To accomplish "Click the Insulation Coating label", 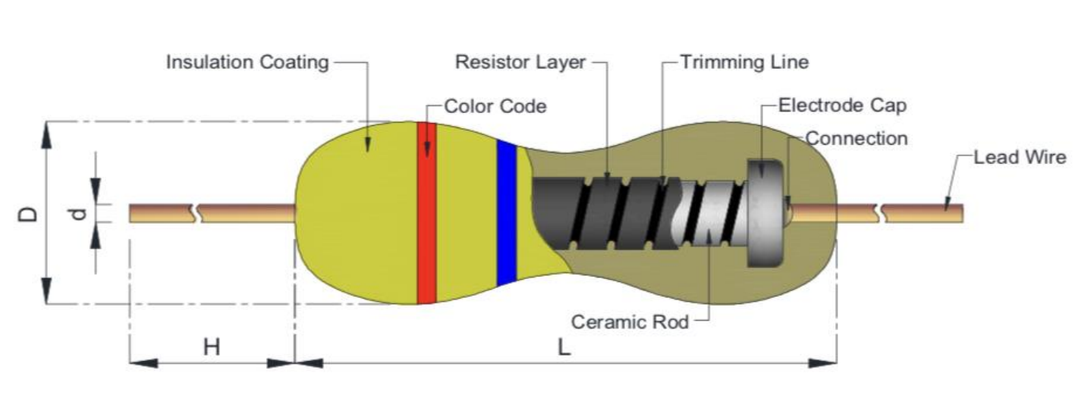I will (x=247, y=62).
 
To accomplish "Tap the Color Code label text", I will (x=495, y=106).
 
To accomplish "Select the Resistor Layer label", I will (x=520, y=62).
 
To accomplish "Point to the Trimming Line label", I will (x=743, y=62).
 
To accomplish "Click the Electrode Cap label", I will (x=842, y=105).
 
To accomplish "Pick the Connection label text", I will (x=856, y=138).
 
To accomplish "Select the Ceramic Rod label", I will (x=630, y=322).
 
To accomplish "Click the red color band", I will (x=427, y=212).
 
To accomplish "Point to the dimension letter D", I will (x=28, y=213).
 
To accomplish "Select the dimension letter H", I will (x=211, y=347).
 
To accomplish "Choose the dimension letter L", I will (x=563, y=347).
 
